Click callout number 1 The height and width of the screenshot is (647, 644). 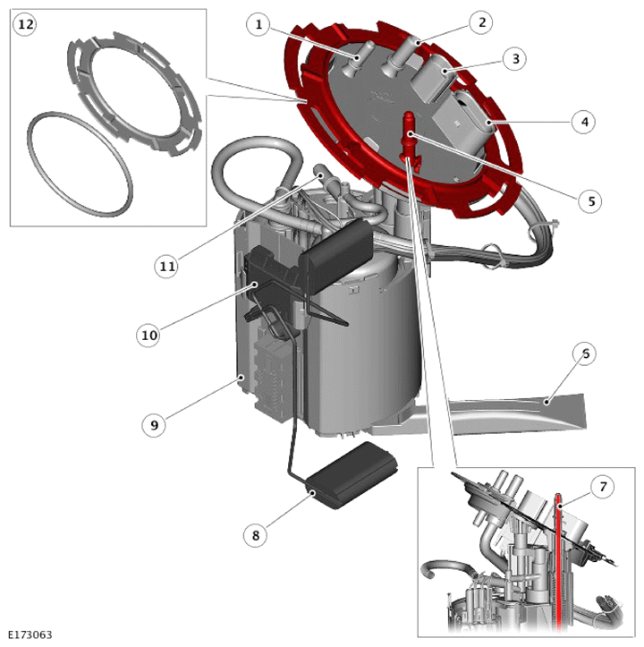pyautogui.click(x=258, y=24)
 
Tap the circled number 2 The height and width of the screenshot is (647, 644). pyautogui.click(x=482, y=22)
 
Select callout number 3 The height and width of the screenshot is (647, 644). pyautogui.click(x=515, y=58)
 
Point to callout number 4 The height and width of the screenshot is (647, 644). pyautogui.click(x=584, y=122)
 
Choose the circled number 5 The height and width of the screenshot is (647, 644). pyautogui.click(x=590, y=201)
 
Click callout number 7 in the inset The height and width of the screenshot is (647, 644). pyautogui.click(x=602, y=487)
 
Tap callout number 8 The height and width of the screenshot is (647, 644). pyautogui.click(x=256, y=535)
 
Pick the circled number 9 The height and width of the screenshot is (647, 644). pyautogui.click(x=155, y=424)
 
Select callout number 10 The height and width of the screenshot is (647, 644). pyautogui.click(x=149, y=335)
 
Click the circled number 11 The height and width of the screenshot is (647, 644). pyautogui.click(x=166, y=266)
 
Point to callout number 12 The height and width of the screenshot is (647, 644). pyautogui.click(x=25, y=24)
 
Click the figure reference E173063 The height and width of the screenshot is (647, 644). pyautogui.click(x=30, y=634)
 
